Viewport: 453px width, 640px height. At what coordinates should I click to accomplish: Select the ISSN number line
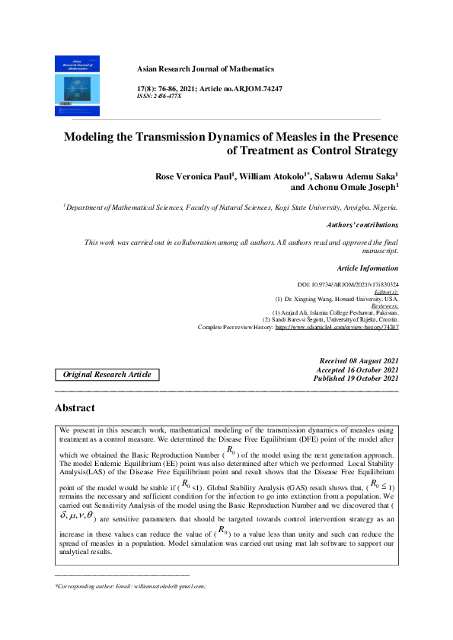coord(158,97)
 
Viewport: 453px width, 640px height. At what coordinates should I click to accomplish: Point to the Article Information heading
coord(366,268)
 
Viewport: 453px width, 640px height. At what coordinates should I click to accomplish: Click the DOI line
coord(347,284)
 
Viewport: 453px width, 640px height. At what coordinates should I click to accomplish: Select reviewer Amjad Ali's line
coord(336,312)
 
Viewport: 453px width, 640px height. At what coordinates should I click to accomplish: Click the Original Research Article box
coord(107,374)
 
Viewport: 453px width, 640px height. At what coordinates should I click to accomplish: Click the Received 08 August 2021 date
coord(360,360)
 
